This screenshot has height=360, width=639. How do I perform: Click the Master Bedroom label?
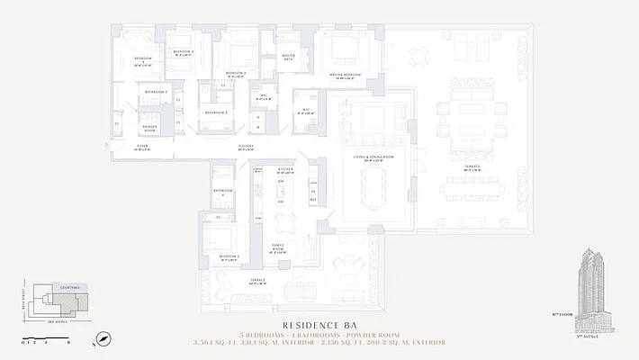point(345,75)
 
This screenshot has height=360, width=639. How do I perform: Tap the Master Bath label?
point(289,57)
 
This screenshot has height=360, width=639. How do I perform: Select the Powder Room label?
point(149,129)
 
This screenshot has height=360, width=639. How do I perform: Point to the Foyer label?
point(142,146)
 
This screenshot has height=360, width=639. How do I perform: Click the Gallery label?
point(245,147)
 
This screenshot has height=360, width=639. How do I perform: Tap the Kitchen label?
point(285,168)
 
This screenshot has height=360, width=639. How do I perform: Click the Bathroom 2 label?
point(215,112)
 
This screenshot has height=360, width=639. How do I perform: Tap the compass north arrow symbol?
point(104,339)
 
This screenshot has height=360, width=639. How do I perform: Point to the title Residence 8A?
point(319,325)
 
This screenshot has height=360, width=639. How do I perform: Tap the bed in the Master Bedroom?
point(343,47)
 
